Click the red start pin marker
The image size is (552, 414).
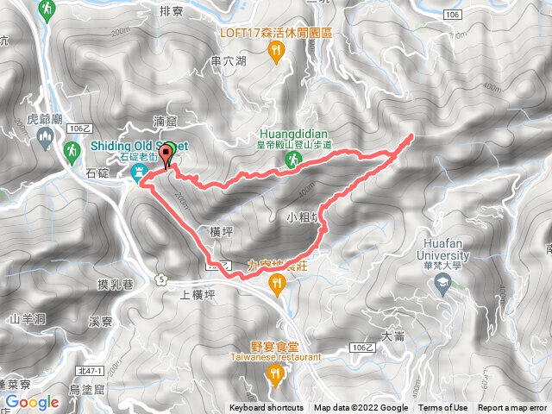[x=166, y=155]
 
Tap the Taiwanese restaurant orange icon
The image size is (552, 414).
[x=275, y=373]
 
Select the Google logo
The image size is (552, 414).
[x=32, y=402]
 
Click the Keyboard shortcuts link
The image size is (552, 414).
[x=267, y=408]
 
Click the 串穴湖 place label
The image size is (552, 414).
[x=228, y=61]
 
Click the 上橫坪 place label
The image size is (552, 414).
[x=196, y=293]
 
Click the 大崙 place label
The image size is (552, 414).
[x=392, y=336]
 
